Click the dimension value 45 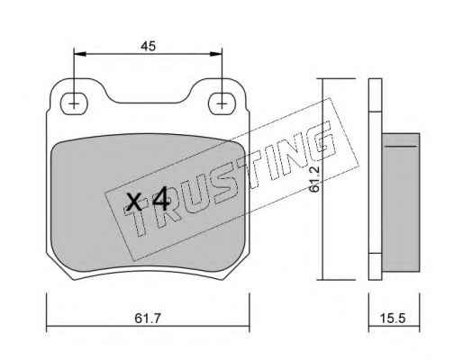coord(148,46)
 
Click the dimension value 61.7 coord(148,318)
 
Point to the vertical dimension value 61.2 coord(315,179)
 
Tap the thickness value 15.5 coord(393,318)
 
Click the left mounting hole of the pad coord(74,103)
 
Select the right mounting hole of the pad coord(222,103)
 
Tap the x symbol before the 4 coord(134,202)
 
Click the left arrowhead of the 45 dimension coord(80,54)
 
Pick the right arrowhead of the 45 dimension coord(216,54)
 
